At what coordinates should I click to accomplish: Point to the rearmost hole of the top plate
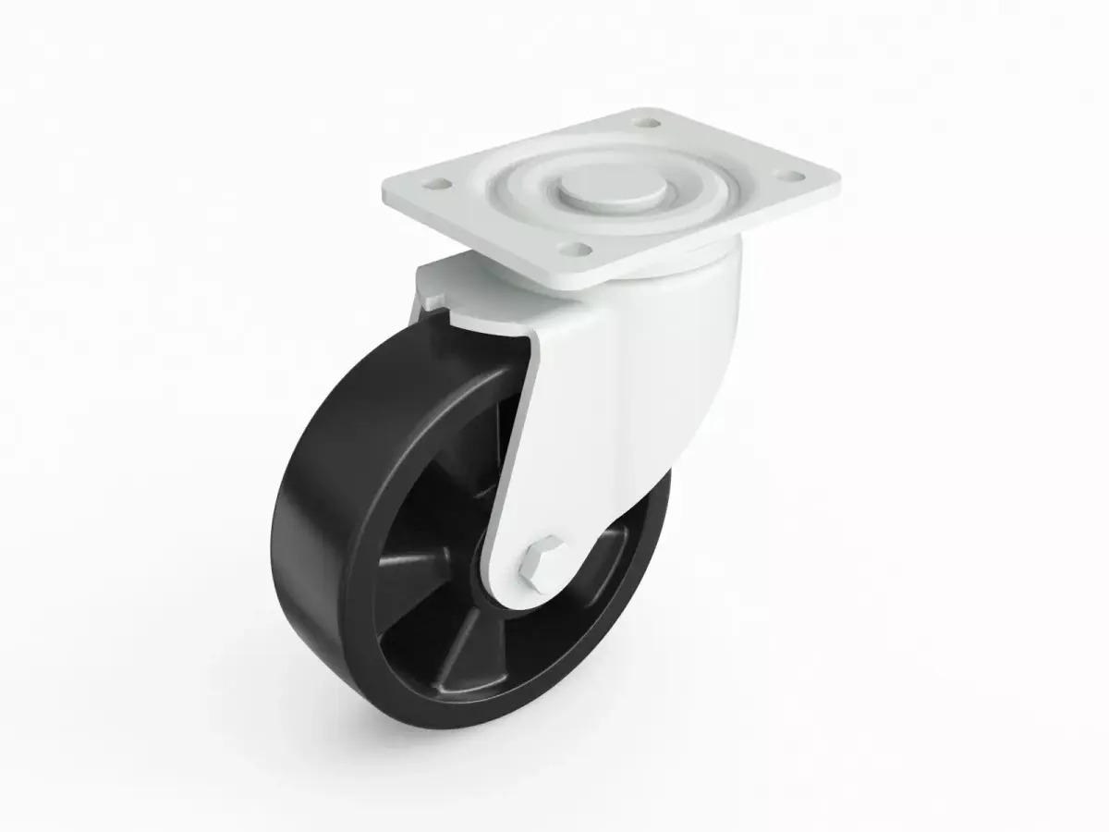pos(646,121)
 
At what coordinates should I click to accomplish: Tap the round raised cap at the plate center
pos(611,186)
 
